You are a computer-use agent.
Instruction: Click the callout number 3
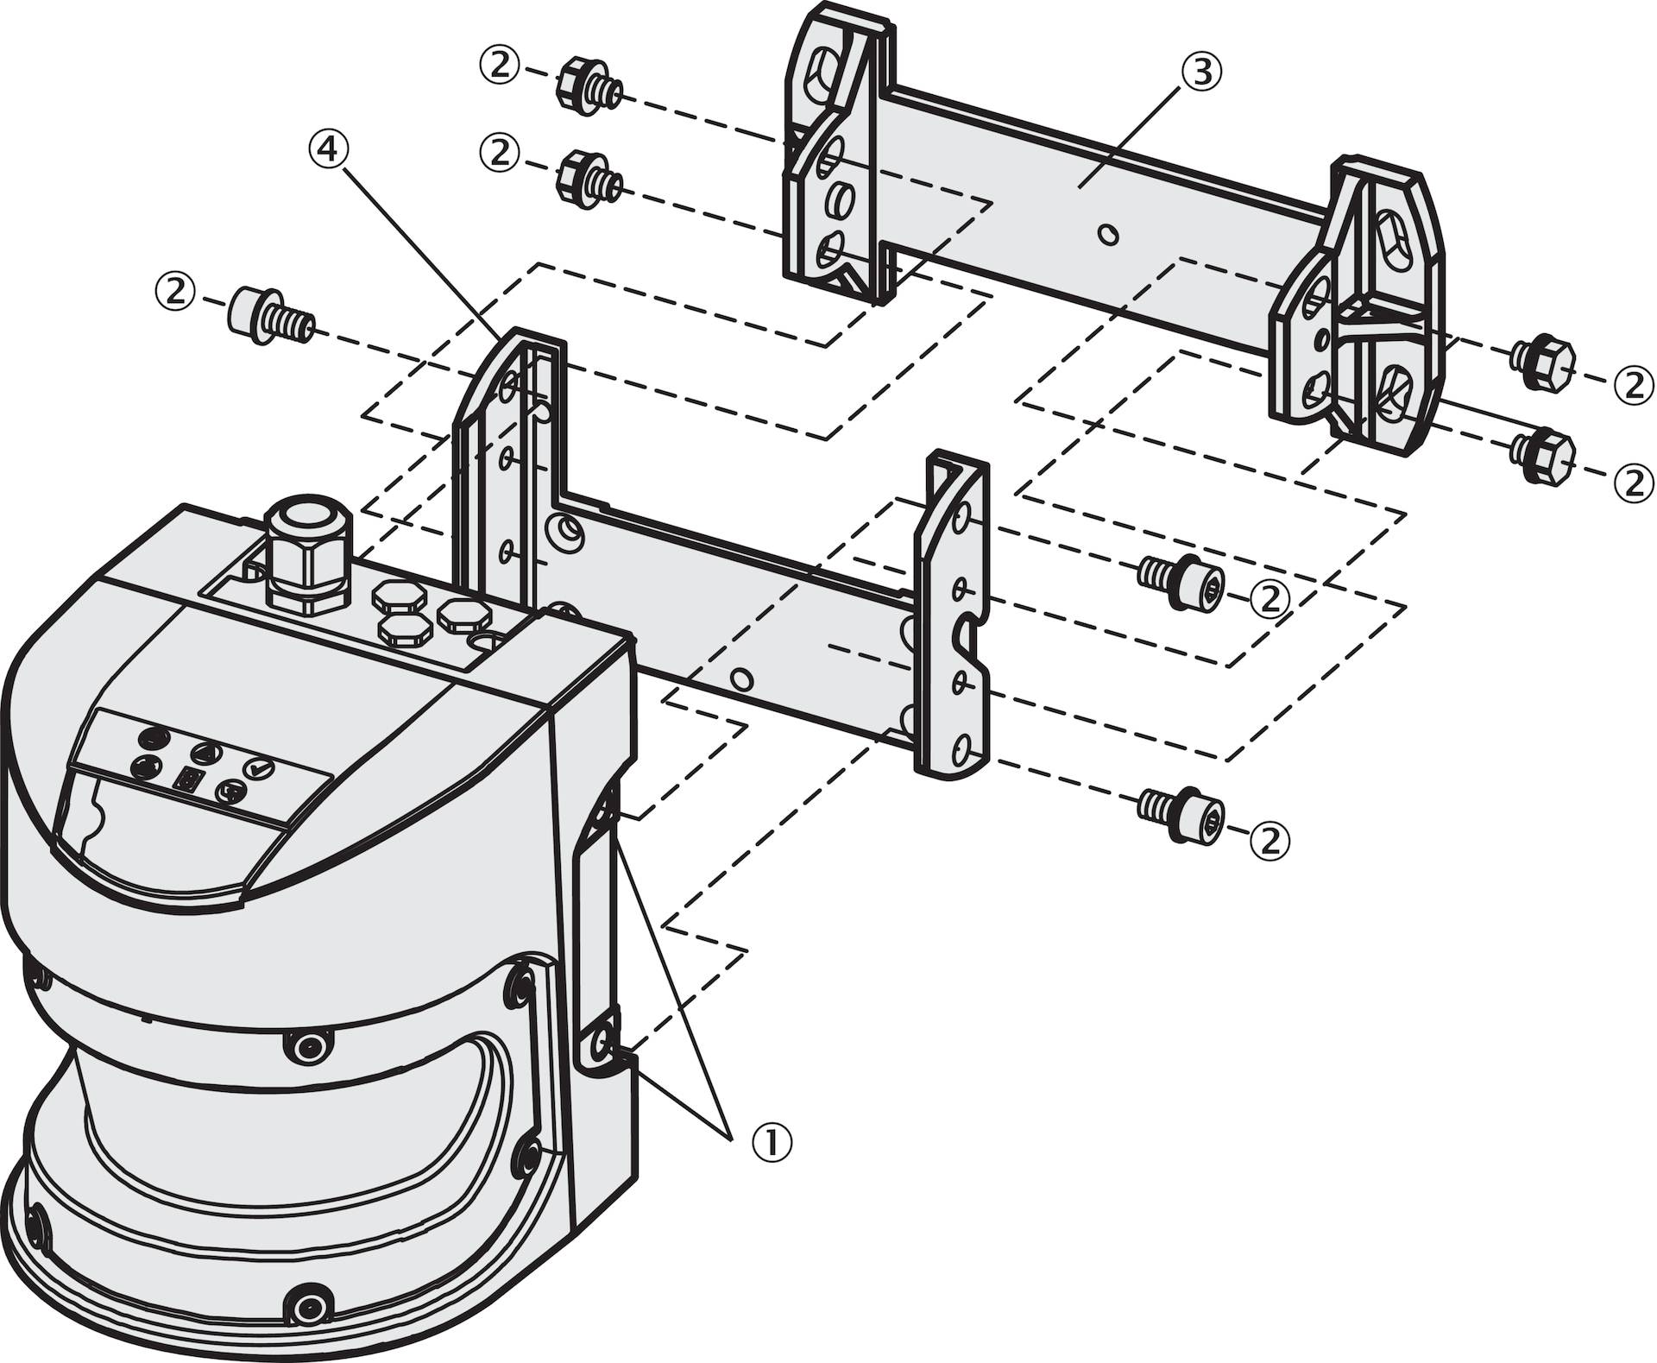coord(1200,73)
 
